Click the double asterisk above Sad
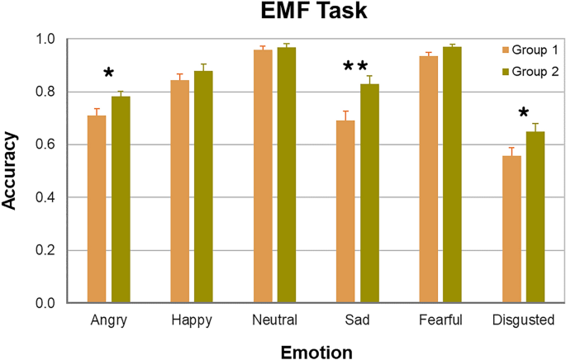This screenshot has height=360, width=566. point(355,68)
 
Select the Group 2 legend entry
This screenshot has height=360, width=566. point(520,72)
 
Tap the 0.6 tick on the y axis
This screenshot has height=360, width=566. point(49,144)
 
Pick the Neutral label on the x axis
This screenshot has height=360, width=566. point(274,320)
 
